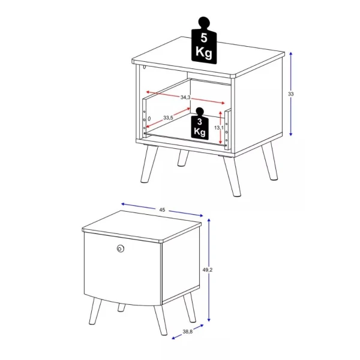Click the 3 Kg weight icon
click(x=200, y=125)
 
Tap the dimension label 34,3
click(x=185, y=97)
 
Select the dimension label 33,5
click(x=167, y=118)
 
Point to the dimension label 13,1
click(x=220, y=128)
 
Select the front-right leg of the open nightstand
click(x=233, y=175)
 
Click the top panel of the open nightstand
click(x=207, y=58)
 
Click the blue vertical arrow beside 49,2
click(x=210, y=270)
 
